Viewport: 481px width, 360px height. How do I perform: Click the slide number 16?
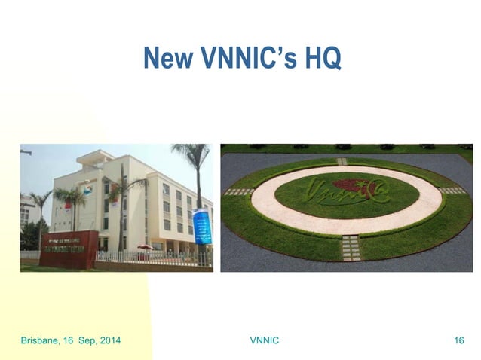point(458,341)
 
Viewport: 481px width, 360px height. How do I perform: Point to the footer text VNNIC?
point(264,341)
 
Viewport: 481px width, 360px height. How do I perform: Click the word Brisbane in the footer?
point(38,341)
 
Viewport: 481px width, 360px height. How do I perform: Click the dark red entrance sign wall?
point(68,249)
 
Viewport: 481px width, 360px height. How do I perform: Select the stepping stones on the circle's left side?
point(239,192)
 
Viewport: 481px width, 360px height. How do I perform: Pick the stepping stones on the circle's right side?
point(452,191)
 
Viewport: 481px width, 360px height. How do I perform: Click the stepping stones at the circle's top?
point(342,161)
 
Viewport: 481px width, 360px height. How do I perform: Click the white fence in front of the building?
point(151,256)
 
